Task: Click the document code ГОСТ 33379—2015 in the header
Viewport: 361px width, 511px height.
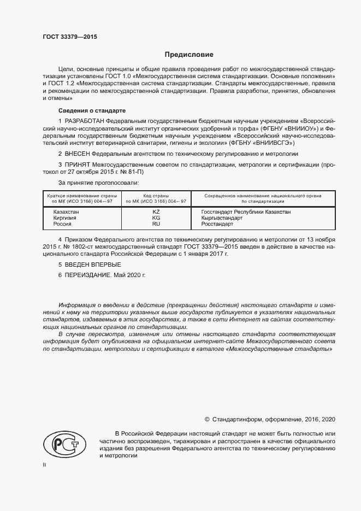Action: (69, 37)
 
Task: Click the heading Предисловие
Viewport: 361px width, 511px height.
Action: (189, 55)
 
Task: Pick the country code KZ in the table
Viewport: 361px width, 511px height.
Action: (156, 211)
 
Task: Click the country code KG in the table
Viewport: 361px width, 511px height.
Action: (156, 218)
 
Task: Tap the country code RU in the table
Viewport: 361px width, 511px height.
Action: (156, 224)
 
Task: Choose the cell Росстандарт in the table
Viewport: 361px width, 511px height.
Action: (217, 224)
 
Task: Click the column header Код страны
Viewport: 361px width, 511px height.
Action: (156, 195)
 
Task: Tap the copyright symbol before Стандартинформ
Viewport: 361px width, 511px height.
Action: (207, 419)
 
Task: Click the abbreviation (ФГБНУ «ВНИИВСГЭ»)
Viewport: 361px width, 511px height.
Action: (263, 142)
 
